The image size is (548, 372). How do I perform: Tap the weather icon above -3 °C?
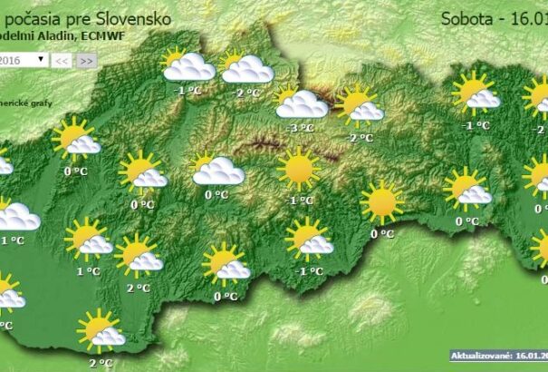click(x=300, y=103)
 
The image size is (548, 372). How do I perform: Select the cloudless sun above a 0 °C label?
click(x=381, y=203)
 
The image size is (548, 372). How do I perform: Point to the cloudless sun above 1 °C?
click(x=298, y=169)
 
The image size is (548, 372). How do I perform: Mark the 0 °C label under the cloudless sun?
click(x=382, y=233)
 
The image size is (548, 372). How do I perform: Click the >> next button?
click(x=86, y=60)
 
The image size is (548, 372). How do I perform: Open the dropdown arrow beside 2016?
click(x=42, y=59)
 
